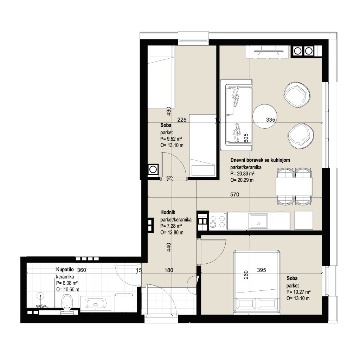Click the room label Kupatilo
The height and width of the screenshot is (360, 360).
point(65,270)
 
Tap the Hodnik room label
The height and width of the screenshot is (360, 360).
point(168,212)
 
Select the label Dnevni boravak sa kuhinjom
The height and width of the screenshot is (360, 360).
point(260,160)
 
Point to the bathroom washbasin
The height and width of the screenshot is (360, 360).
point(96,304)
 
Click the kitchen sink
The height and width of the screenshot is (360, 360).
point(258,221)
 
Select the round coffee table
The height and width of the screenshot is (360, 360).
point(265,117)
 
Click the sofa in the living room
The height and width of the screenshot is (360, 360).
point(236,115)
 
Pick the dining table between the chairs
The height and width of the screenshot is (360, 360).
point(294,186)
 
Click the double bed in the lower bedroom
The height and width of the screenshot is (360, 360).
point(257,282)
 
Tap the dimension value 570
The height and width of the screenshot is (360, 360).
point(234,194)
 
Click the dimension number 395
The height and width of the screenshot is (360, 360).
point(262,270)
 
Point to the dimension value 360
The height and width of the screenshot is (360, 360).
point(82,270)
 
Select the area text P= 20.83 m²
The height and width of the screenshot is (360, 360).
point(242,174)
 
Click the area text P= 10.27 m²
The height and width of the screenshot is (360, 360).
point(298,292)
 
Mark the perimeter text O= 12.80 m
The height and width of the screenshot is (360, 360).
point(172,232)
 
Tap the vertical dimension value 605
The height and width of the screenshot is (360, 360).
point(246,138)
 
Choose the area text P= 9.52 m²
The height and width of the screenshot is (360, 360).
point(171,139)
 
